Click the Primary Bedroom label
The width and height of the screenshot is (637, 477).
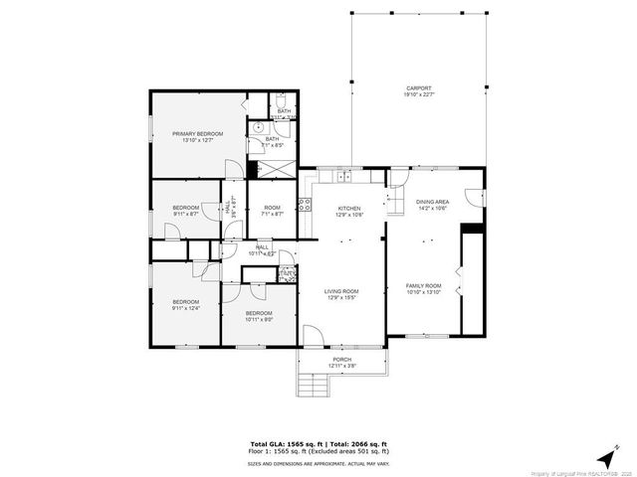[x=196, y=137]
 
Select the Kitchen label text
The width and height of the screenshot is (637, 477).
[x=347, y=212]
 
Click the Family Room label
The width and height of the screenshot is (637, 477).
[x=423, y=288]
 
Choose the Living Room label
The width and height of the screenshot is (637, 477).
[x=341, y=294]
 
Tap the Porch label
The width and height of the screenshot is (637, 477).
[x=342, y=363]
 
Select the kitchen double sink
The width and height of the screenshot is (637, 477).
[x=342, y=177]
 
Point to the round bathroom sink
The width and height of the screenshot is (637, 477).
[x=257, y=127]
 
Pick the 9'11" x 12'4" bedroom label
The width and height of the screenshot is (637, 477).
[x=185, y=305]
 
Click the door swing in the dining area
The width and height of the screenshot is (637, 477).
[x=397, y=179]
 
